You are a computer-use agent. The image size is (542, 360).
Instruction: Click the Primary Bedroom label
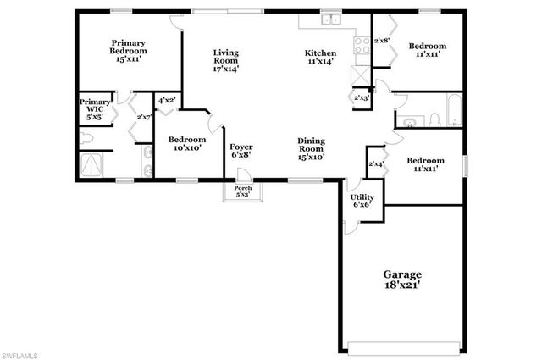point(129,52)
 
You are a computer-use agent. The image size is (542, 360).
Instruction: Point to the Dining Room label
point(312,148)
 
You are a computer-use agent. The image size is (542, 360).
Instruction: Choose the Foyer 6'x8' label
point(241,152)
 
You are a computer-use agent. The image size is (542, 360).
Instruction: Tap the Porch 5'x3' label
point(242,191)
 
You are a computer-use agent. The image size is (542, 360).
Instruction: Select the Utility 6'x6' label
point(362,201)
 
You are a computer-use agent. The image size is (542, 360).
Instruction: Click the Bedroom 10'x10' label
point(185,144)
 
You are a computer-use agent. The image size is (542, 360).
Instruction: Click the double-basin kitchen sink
point(329,19)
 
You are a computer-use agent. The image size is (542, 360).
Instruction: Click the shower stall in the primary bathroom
point(90,164)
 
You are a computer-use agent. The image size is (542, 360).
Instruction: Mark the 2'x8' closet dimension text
point(382,40)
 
